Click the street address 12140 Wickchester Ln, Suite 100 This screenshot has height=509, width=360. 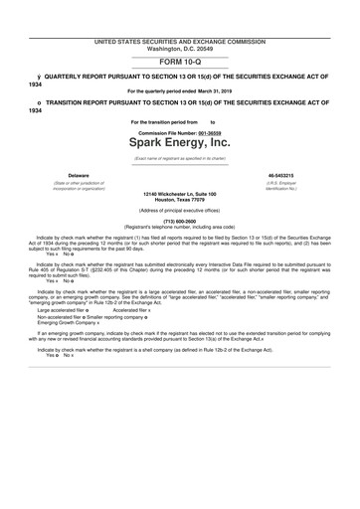(x=180, y=194)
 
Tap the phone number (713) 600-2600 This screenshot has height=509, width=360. (x=180, y=222)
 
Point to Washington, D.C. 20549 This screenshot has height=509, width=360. (x=180, y=48)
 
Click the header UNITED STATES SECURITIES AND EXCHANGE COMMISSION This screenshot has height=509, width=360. (x=180, y=42)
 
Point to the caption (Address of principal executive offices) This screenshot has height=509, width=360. (x=180, y=212)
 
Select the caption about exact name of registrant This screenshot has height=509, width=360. (x=180, y=158)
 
